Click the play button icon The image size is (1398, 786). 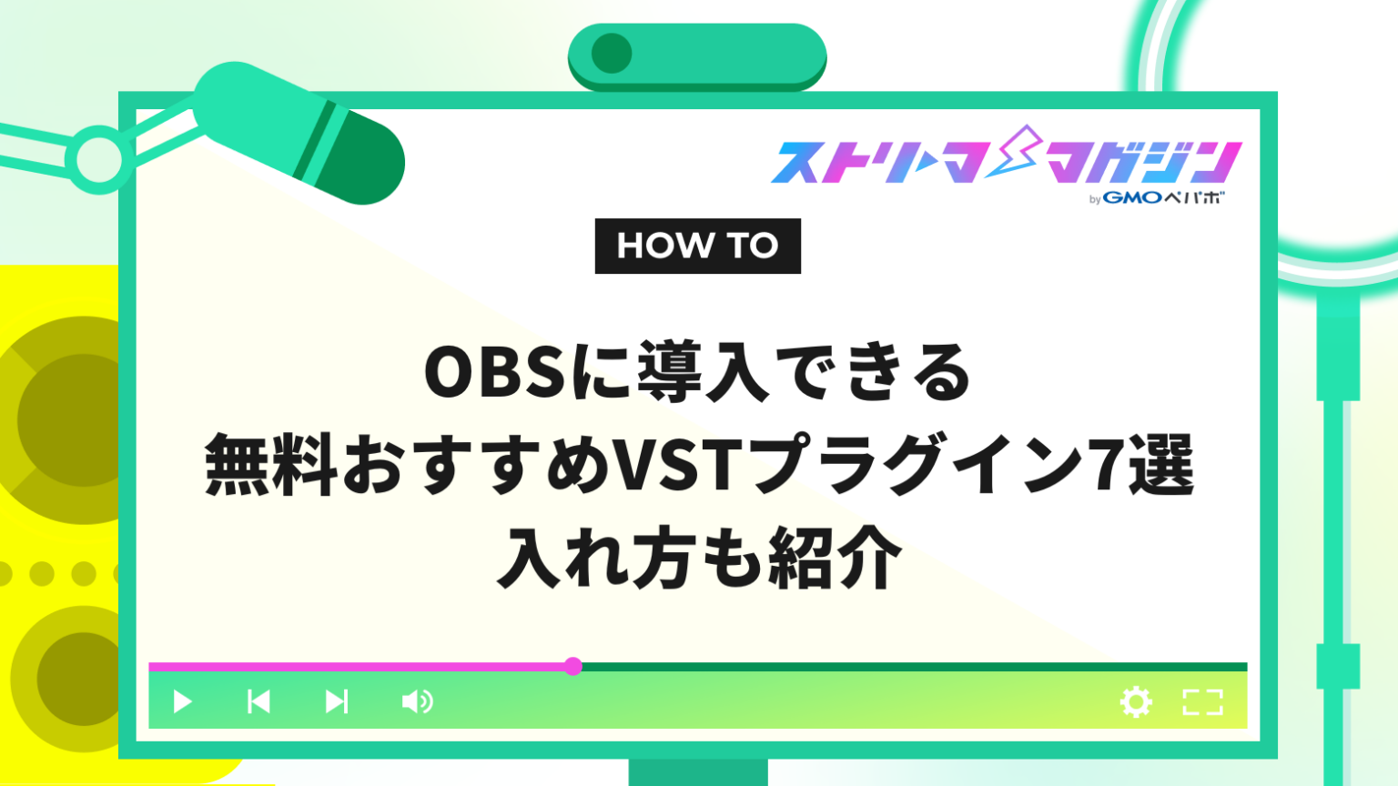point(182,701)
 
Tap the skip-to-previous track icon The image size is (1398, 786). point(258,701)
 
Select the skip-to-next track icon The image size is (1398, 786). point(337,701)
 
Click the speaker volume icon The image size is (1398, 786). point(417,701)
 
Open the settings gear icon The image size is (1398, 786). point(1136,701)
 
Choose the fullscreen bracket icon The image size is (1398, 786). point(1202,701)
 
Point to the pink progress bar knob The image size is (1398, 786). point(572,666)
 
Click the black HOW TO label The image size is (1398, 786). point(697,246)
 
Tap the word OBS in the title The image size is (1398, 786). point(496,373)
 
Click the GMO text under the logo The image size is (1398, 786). point(1131,197)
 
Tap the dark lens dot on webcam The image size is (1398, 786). point(612,54)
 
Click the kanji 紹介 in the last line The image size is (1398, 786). point(835,557)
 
